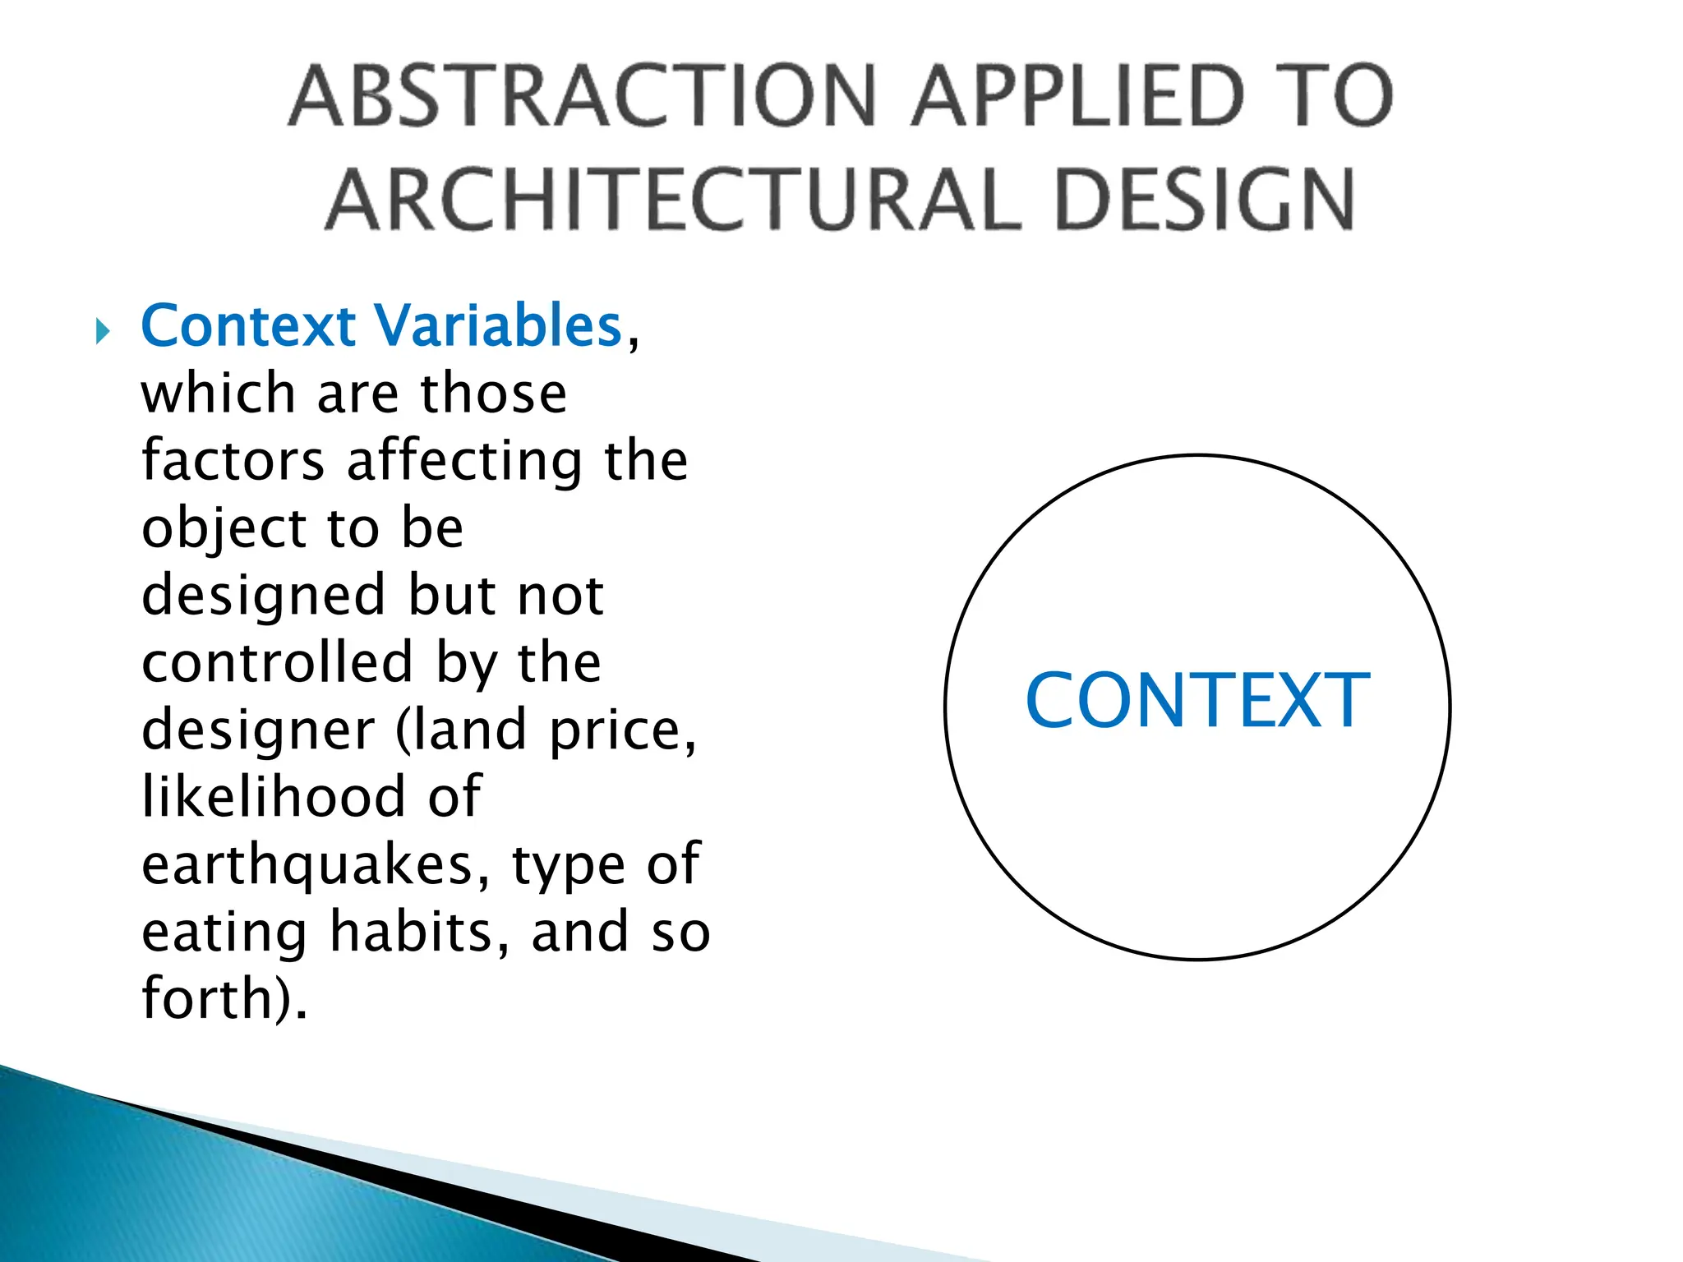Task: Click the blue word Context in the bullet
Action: click(248, 325)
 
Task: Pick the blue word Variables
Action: click(500, 325)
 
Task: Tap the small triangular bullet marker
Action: click(103, 332)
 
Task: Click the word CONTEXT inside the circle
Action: click(1197, 700)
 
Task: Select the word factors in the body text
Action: click(233, 460)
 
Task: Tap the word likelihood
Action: click(274, 796)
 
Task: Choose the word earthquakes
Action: click(316, 866)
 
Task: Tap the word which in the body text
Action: click(218, 393)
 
